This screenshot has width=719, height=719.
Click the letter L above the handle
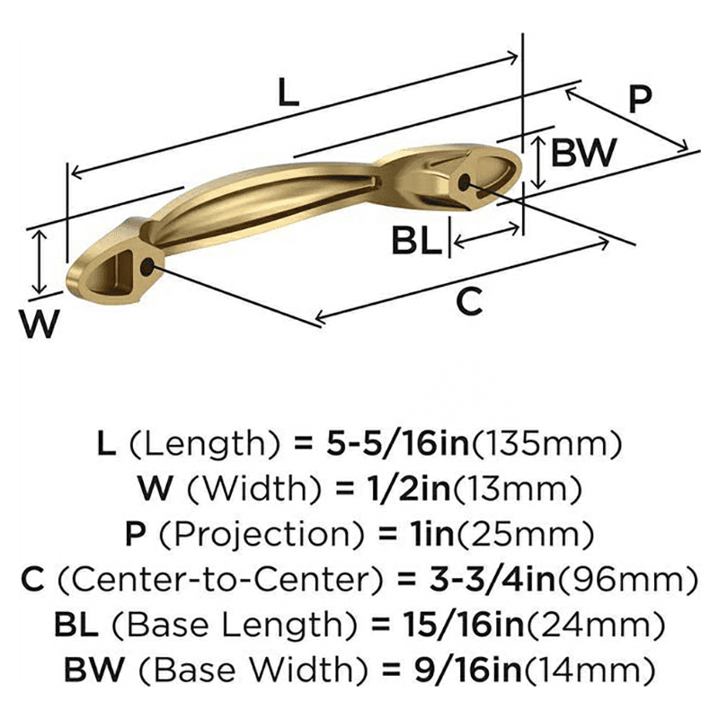pos(288,93)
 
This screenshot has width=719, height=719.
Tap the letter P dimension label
pos(638,99)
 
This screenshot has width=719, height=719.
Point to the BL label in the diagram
pos(417,241)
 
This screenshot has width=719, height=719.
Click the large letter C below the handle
pos(469,302)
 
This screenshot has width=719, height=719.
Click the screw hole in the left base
pos(147,266)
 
